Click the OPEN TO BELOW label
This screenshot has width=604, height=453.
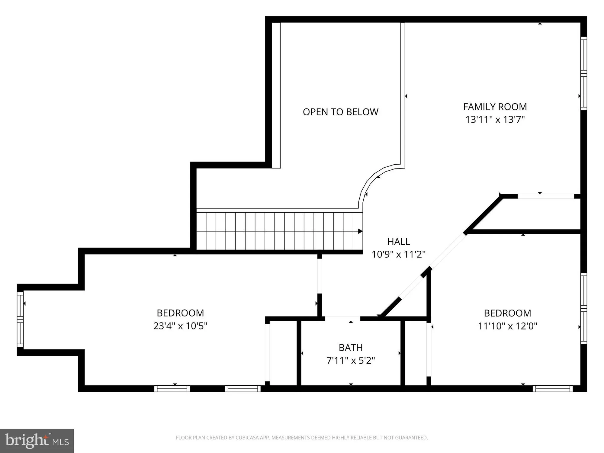(x=340, y=112)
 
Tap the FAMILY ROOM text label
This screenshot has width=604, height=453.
(x=495, y=107)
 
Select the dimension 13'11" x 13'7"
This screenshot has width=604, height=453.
(x=495, y=120)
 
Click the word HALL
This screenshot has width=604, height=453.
(x=398, y=242)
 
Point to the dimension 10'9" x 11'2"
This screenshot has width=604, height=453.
(x=398, y=255)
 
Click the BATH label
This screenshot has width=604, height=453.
(x=350, y=348)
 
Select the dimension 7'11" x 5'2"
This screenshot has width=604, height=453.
(x=350, y=361)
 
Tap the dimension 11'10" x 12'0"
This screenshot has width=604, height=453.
(x=507, y=326)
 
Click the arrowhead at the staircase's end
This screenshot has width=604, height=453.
(x=360, y=231)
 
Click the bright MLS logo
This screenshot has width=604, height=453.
(x=37, y=441)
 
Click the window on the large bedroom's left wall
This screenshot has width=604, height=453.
(x=20, y=320)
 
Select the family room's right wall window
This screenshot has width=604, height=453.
(x=583, y=73)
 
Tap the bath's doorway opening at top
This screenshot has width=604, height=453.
(x=342, y=318)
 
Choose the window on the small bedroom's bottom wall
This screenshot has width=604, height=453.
(x=552, y=389)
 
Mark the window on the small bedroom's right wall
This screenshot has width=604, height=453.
(x=583, y=308)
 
